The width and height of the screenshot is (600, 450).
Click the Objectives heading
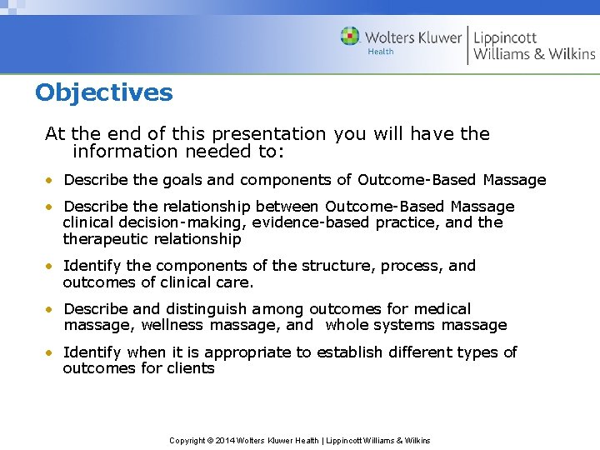[104, 92]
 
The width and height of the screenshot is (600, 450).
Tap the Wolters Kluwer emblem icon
[350, 37]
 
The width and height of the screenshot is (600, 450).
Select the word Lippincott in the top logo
[505, 37]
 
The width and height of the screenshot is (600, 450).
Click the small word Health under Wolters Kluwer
[380, 52]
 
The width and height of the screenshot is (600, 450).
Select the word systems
[405, 325]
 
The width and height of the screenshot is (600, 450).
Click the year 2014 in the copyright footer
[226, 440]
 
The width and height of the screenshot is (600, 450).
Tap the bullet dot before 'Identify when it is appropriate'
[52, 353]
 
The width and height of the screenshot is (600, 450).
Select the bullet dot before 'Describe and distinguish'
[52, 310]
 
